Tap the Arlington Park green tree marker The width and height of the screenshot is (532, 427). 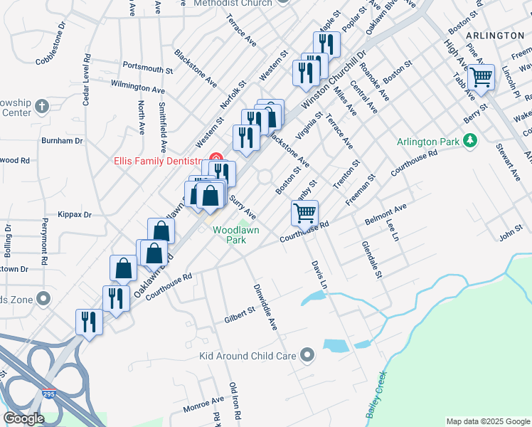tap(469, 141)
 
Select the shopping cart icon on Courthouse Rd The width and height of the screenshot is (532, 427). tap(304, 211)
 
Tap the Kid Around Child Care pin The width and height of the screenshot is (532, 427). tap(307, 354)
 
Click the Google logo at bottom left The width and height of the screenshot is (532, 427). tap(23, 418)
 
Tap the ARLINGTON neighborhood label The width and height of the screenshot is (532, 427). tap(495, 35)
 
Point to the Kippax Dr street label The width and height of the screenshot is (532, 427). tap(78, 214)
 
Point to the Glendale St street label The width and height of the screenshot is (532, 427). tap(372, 259)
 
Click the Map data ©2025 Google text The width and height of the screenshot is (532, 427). tap(487, 421)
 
